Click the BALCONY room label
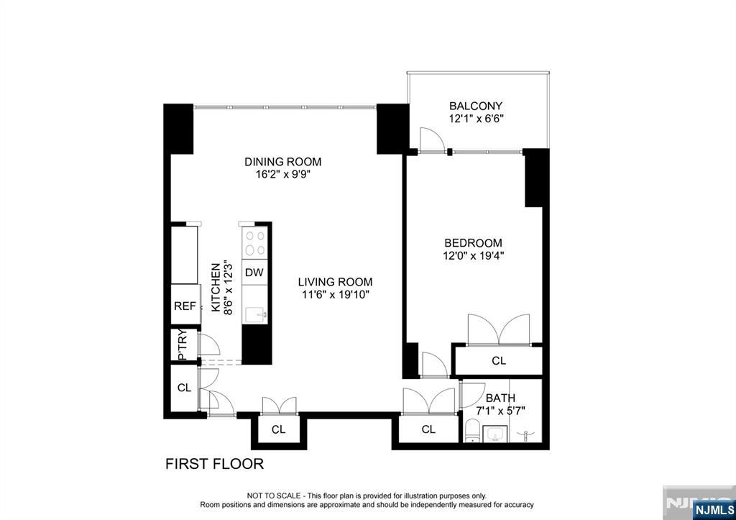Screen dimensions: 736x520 [x=476, y=106]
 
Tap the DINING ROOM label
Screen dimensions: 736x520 [x=283, y=162]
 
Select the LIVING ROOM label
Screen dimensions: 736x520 [x=335, y=283]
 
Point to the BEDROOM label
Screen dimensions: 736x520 [x=473, y=243]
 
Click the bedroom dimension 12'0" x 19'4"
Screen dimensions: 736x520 [x=473, y=256]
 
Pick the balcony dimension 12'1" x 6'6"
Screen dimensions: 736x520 [x=476, y=119]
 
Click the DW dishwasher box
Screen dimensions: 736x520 [x=254, y=273]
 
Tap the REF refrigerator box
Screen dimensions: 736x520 [x=185, y=306]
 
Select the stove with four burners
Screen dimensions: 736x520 [x=255, y=243]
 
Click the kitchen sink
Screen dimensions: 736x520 [x=256, y=314]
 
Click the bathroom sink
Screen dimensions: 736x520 [x=494, y=435]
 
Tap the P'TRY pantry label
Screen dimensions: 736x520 [x=183, y=345]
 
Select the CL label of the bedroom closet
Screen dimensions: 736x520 [x=499, y=361]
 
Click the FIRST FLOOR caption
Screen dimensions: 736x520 [x=214, y=464]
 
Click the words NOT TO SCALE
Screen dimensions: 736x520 [x=274, y=496]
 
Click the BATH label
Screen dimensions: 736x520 [x=500, y=398]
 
